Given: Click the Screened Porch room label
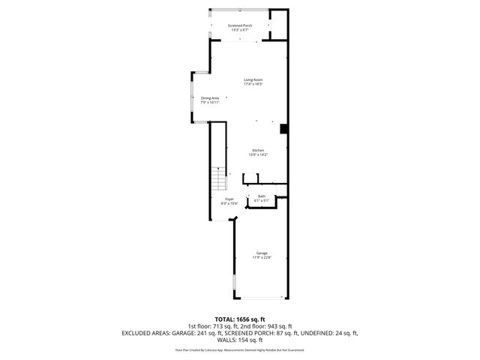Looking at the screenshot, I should [240, 25].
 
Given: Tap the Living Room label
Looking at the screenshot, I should [252, 79].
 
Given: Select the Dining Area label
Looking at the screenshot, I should [209, 97].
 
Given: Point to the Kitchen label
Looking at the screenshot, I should [259, 150].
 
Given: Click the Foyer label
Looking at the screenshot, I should [229, 199].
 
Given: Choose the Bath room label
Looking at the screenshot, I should [261, 196].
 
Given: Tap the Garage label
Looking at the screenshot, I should [261, 253].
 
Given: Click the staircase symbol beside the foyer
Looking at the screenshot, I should [217, 180].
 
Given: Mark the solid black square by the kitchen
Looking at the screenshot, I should [283, 129].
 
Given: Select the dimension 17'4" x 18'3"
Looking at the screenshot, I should [252, 84].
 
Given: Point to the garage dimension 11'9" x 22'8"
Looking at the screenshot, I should [261, 257].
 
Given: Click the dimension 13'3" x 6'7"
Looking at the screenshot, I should [240, 30].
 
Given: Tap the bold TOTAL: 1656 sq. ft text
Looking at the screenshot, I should [239, 319].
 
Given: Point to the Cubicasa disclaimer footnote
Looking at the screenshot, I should [239, 349].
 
